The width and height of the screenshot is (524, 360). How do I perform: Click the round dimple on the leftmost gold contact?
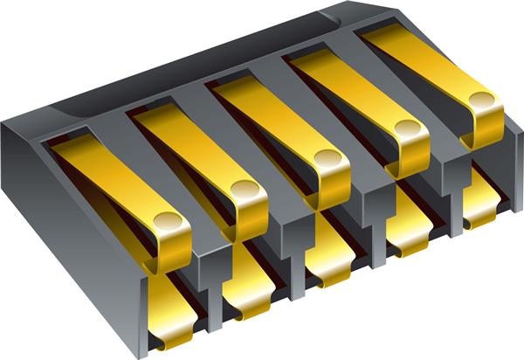click(163, 221)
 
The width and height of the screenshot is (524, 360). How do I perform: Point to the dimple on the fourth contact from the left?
click(405, 128)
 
